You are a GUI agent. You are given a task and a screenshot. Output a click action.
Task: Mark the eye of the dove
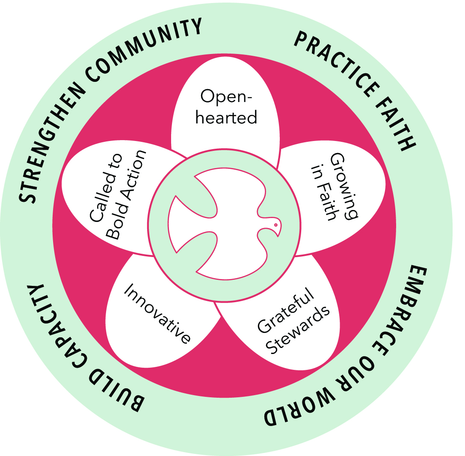[x=276, y=224]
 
